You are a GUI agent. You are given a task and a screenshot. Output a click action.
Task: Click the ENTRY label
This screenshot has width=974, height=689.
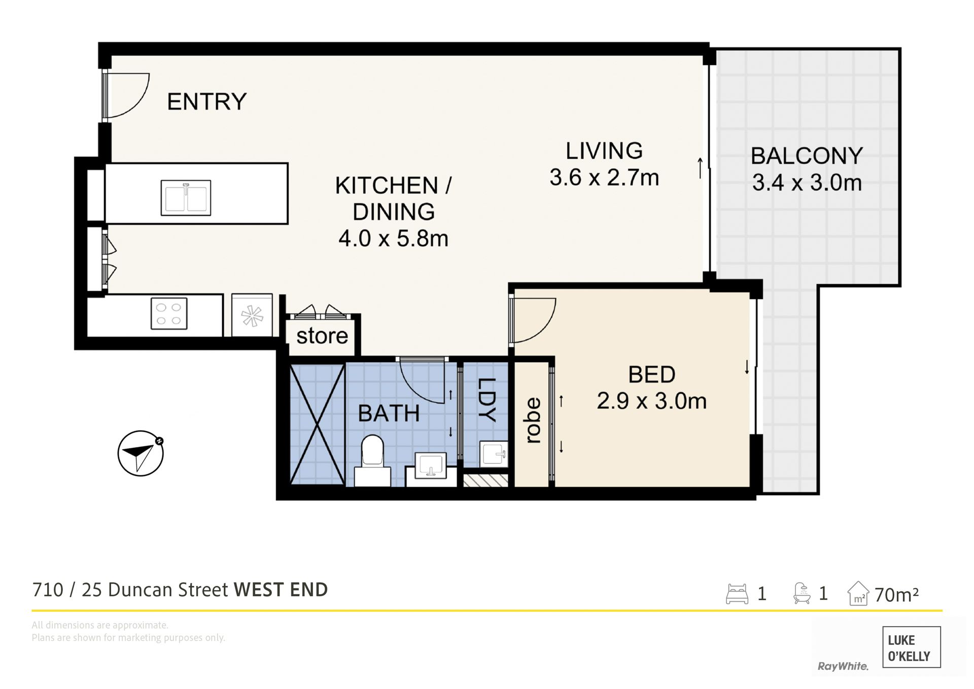click(206, 101)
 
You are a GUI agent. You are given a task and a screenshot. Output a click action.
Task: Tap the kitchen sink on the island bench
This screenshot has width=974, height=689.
click(186, 197)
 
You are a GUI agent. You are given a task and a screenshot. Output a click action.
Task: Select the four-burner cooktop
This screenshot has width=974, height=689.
click(169, 314)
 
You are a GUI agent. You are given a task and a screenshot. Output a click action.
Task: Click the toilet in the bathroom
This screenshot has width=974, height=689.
click(372, 459)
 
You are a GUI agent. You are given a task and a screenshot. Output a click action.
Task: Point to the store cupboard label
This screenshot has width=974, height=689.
click(322, 335)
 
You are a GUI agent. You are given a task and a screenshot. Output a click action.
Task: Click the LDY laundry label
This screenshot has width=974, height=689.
click(486, 400)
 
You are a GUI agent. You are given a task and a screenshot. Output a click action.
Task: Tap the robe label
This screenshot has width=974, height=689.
click(532, 421)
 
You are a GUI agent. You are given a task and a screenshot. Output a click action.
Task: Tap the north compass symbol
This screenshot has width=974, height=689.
click(141, 453)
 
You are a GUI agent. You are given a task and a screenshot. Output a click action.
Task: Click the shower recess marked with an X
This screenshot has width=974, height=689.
click(318, 424)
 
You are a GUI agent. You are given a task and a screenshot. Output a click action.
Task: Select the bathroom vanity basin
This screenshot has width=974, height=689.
click(430, 465)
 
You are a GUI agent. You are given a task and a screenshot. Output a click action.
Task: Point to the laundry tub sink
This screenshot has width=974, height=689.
click(494, 454)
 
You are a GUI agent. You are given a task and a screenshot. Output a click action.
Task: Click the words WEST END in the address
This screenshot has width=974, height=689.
click(281, 590)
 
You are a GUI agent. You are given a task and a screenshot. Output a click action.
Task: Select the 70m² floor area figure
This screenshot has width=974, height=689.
click(896, 594)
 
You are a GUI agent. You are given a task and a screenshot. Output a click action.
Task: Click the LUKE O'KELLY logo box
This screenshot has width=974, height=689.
click(912, 647)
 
